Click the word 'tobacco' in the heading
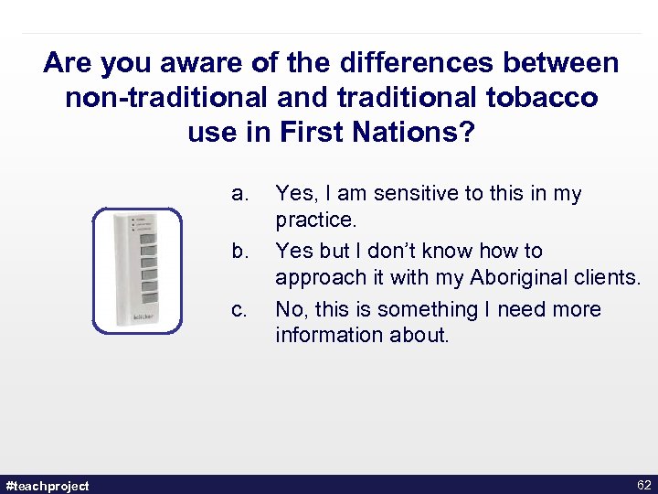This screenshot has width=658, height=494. click(547, 98)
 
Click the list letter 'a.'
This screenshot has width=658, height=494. click(239, 194)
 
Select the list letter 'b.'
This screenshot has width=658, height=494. click(239, 251)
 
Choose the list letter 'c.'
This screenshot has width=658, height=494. click(239, 309)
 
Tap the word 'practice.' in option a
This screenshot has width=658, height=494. click(315, 220)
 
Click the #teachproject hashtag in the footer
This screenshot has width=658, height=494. click(48, 485)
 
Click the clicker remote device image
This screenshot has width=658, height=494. click(137, 270)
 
